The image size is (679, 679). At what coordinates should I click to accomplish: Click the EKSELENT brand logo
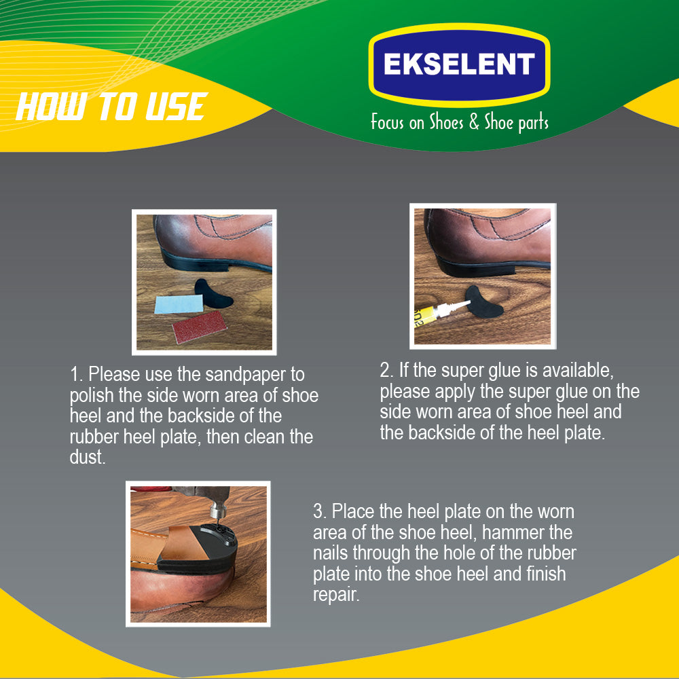459,65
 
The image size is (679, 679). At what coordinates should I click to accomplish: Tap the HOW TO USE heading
112,107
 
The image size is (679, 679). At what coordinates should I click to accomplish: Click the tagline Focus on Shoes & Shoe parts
460,122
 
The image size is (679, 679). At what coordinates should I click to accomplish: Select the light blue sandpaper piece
179,304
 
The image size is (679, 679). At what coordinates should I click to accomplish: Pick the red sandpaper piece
200,327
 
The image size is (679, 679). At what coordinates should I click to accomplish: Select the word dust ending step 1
88,457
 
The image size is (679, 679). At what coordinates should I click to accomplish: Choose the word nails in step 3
331,553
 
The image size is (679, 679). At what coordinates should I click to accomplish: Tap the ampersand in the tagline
474,122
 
